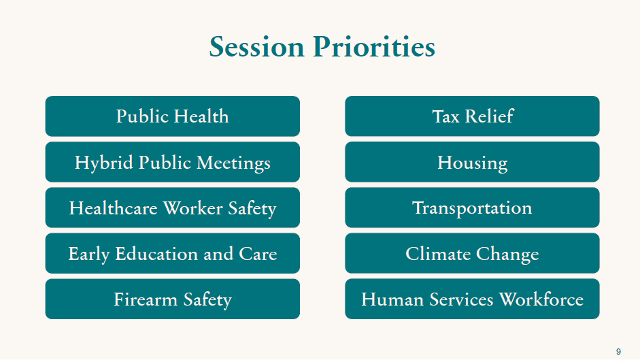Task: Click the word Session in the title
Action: (x=256, y=46)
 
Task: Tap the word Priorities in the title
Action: (x=374, y=46)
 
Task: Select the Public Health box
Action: (x=173, y=116)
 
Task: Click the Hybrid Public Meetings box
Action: (x=173, y=162)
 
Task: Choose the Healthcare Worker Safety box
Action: (x=173, y=208)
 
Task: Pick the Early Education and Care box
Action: (x=173, y=253)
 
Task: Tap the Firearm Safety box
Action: (x=173, y=299)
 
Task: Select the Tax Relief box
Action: (x=472, y=116)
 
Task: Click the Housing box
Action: (x=472, y=162)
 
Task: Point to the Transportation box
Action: (x=472, y=208)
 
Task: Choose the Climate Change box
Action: (x=472, y=253)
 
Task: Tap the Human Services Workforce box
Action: (x=472, y=299)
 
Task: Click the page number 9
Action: (x=618, y=351)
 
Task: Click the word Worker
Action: (x=192, y=208)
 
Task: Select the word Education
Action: (x=156, y=254)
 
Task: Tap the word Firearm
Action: (x=146, y=299)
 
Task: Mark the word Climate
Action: (x=438, y=254)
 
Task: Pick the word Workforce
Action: (x=541, y=299)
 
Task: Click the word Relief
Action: (x=489, y=116)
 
